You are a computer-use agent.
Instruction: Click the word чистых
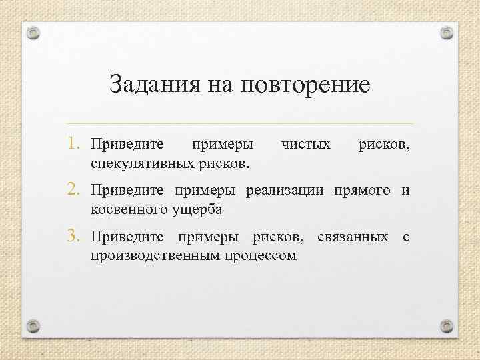point(306,144)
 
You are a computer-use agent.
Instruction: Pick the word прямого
point(363,192)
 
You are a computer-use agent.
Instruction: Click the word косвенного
point(123,210)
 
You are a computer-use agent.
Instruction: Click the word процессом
point(260,256)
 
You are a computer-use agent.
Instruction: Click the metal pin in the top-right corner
point(447,32)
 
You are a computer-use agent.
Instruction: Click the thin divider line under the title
point(240,124)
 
